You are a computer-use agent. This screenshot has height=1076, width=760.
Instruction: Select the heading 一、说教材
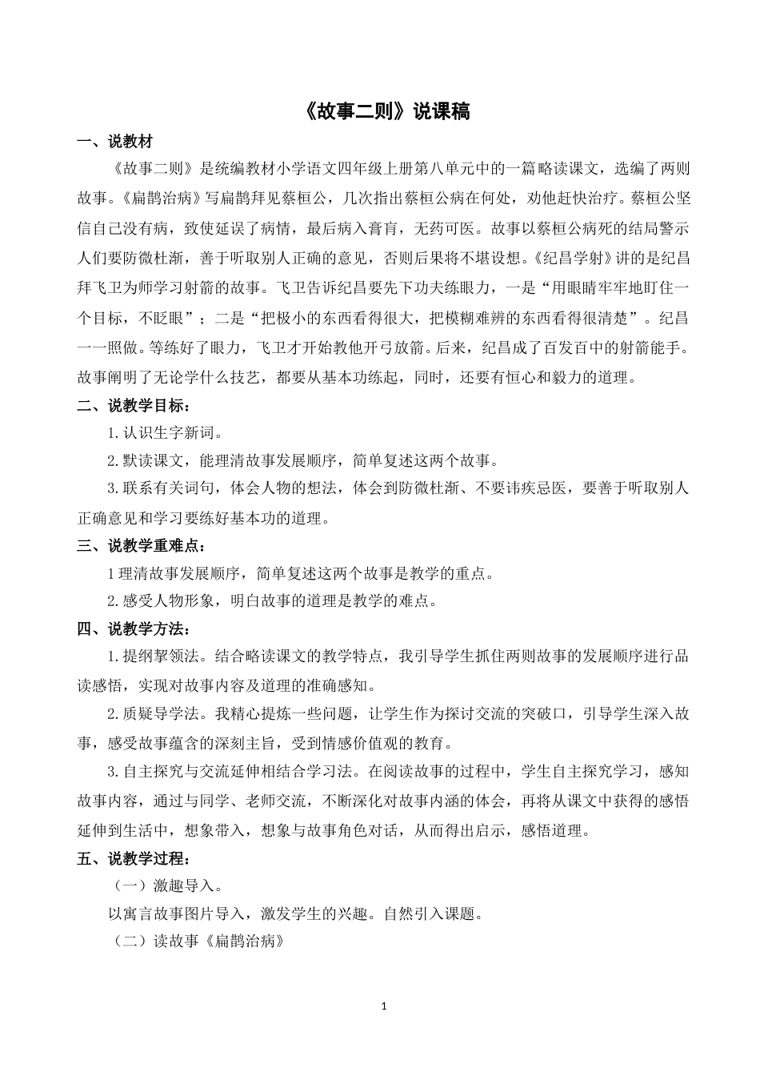click(114, 143)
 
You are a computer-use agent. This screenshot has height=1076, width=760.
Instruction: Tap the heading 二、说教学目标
click(134, 405)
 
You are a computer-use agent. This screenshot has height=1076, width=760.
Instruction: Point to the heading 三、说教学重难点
click(141, 546)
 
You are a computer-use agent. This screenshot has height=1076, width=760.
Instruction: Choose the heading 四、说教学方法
click(134, 628)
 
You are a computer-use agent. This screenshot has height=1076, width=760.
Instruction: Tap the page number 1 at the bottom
click(385, 1006)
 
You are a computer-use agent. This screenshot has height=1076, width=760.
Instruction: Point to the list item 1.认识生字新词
click(165, 433)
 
